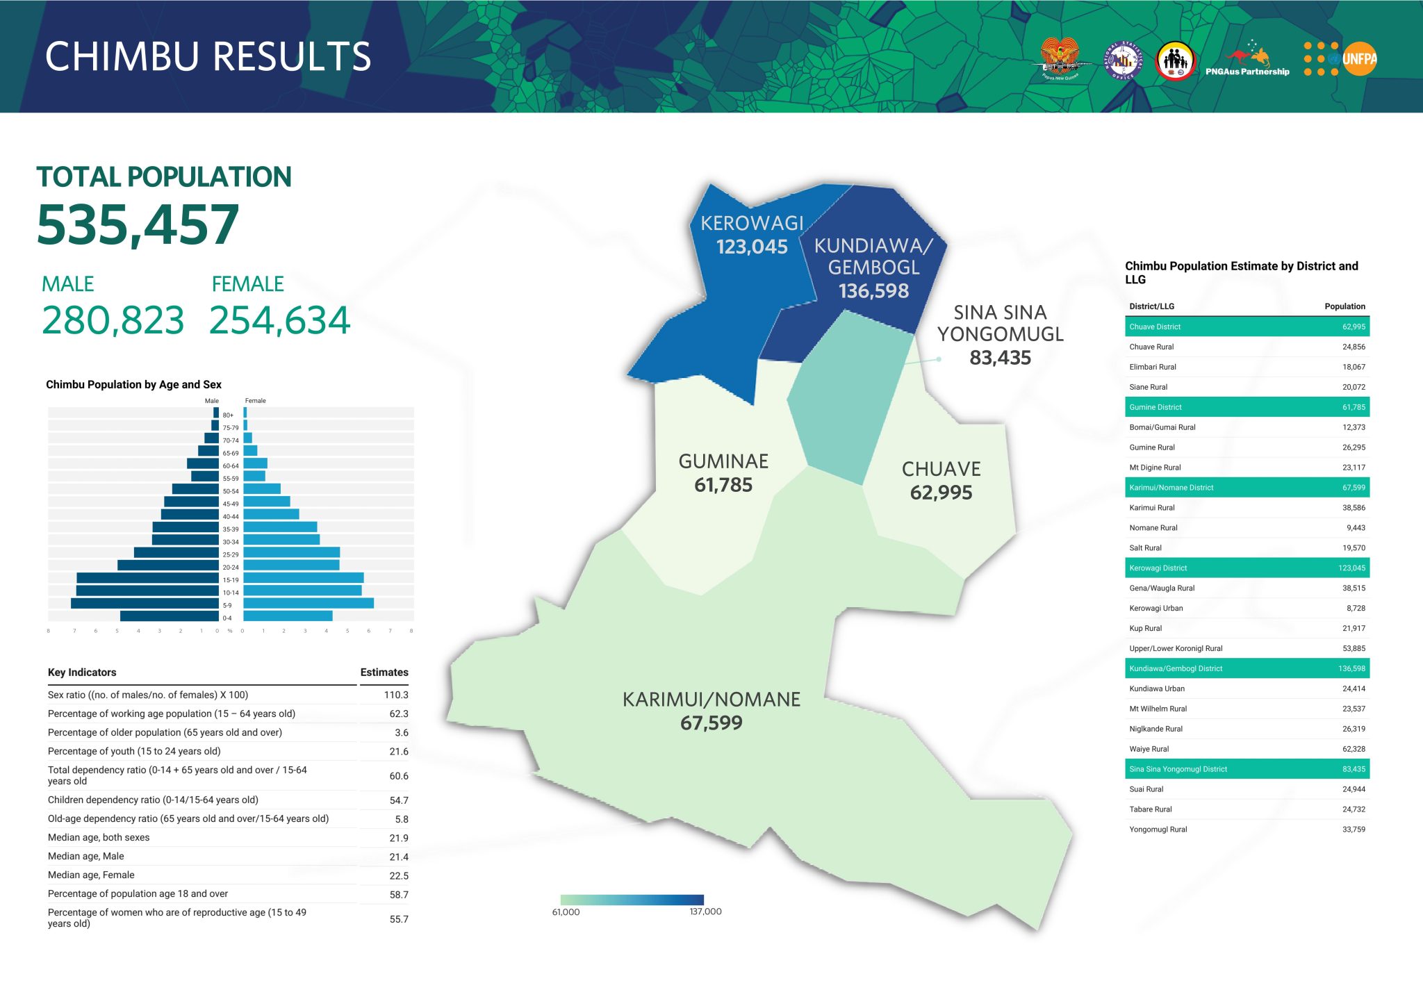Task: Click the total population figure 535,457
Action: point(138,225)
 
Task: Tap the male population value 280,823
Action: point(113,320)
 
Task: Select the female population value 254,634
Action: point(280,320)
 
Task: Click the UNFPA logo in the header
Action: point(1341,59)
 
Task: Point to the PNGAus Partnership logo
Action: point(1247,59)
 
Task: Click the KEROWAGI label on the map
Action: point(752,223)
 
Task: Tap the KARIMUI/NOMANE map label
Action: point(711,700)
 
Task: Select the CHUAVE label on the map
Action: point(941,470)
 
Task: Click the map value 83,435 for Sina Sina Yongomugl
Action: point(1000,358)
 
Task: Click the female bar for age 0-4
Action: point(288,616)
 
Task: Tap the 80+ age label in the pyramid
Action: point(228,415)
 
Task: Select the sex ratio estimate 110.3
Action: point(396,695)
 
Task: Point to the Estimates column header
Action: point(384,673)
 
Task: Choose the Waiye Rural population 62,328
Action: point(1354,749)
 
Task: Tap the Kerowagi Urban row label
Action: point(1156,609)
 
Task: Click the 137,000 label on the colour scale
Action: point(705,912)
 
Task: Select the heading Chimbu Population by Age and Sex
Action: point(133,385)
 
